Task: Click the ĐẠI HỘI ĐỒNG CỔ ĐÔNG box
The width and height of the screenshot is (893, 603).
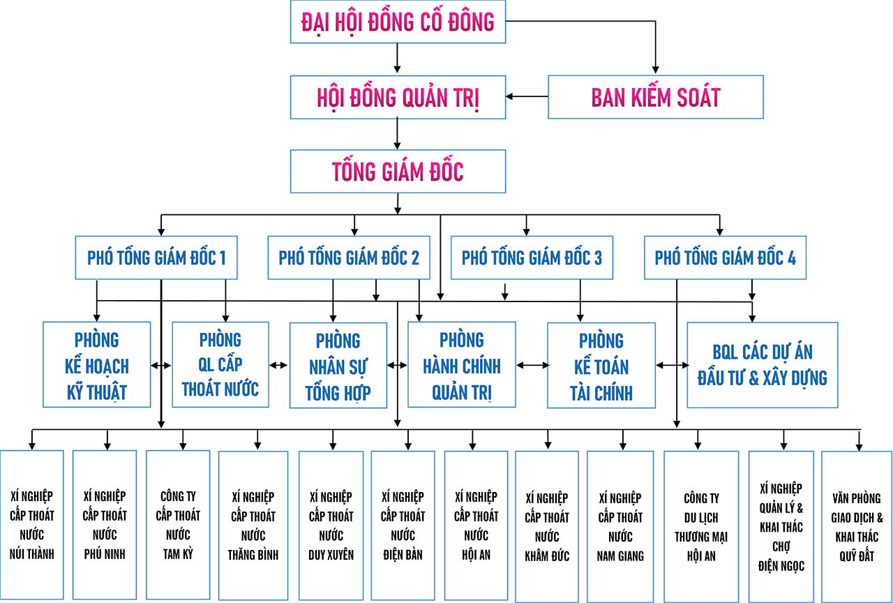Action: tap(398, 22)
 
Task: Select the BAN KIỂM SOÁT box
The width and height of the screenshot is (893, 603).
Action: tap(655, 96)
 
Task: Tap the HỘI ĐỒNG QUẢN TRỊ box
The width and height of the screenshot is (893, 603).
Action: tap(398, 96)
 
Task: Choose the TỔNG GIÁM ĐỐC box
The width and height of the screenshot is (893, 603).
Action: tap(398, 171)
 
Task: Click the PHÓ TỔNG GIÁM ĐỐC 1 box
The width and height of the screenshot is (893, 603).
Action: tap(156, 258)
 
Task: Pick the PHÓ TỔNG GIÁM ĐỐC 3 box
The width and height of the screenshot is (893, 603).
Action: tap(532, 258)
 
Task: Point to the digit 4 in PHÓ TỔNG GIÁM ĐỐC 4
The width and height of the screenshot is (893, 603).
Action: tap(791, 258)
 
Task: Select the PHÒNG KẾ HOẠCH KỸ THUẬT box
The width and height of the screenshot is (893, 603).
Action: tap(97, 365)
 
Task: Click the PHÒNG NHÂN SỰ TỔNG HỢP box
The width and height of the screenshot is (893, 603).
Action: tap(338, 366)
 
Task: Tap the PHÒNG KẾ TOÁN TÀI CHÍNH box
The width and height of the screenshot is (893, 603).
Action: tap(601, 366)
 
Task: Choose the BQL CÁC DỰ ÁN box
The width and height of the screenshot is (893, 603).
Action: tap(762, 365)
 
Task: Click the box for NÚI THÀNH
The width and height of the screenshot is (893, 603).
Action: tap(32, 525)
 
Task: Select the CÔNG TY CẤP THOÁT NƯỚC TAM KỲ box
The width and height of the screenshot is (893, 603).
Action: tap(178, 525)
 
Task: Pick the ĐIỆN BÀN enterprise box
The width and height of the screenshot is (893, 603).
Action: tap(403, 525)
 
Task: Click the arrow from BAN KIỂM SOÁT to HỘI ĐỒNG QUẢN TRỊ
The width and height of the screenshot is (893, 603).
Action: tap(527, 96)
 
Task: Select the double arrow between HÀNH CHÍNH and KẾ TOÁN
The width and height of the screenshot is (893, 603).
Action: tap(532, 365)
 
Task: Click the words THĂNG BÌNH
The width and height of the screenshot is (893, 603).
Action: tap(253, 556)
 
